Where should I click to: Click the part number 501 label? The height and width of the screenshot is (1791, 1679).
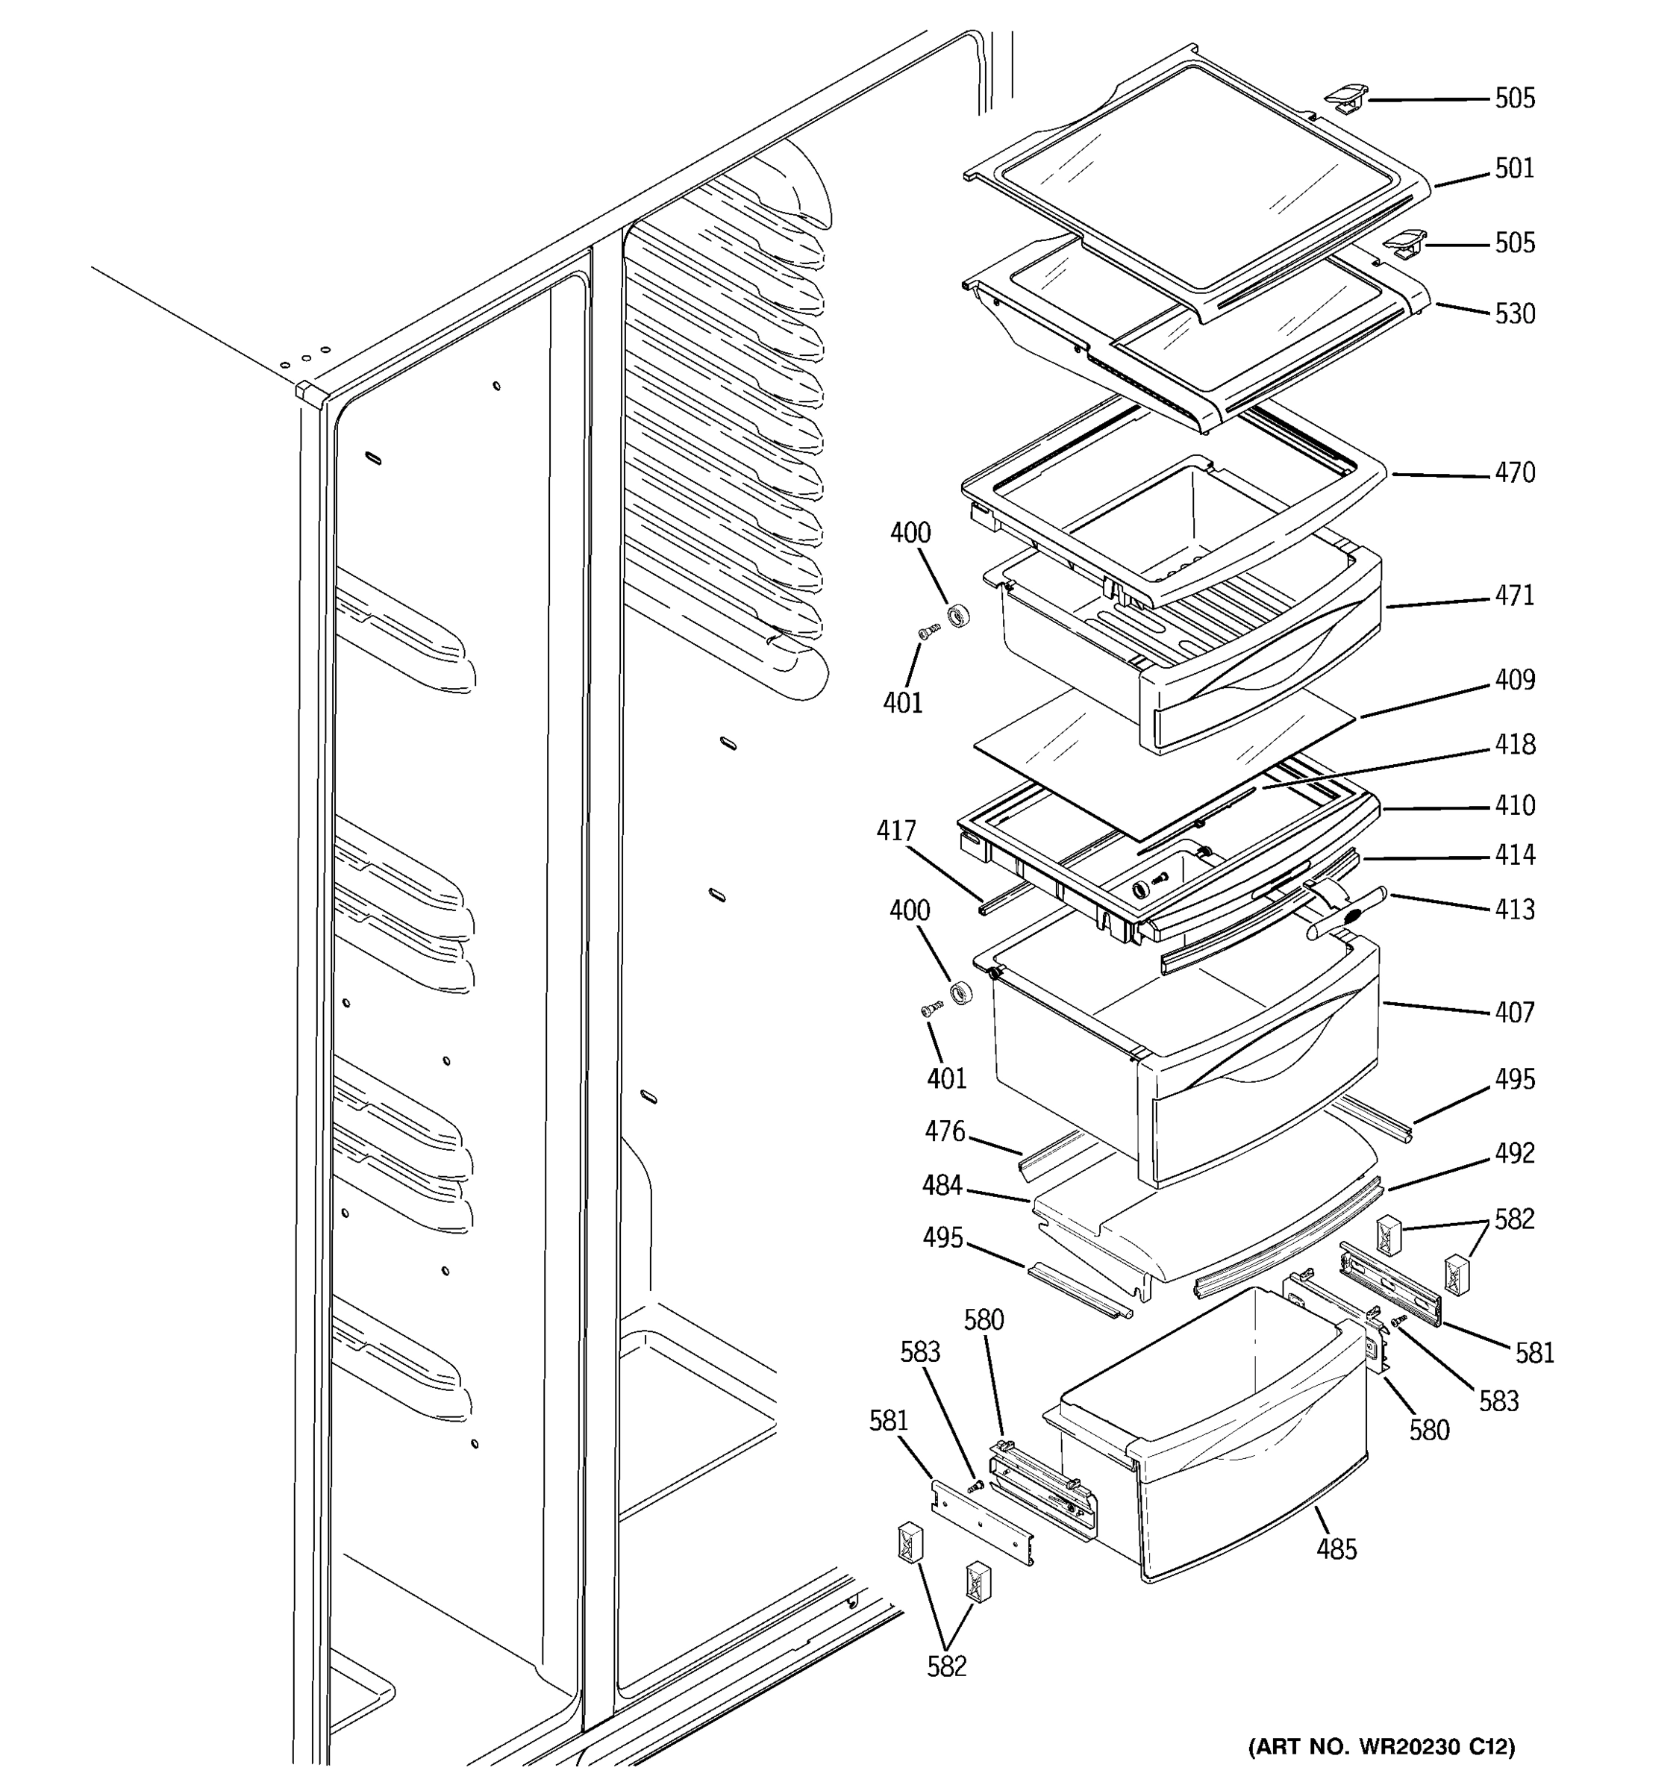click(x=1514, y=169)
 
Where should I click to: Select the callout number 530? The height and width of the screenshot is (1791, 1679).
click(x=1514, y=313)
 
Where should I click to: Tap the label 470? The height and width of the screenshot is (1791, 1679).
click(x=1514, y=472)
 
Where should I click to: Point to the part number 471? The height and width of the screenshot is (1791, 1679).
click(x=1514, y=596)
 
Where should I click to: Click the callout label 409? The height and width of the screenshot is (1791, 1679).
click(x=1514, y=679)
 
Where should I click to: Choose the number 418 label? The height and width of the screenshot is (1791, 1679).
click(x=1514, y=744)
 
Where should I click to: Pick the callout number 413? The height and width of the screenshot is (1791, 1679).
click(x=1514, y=909)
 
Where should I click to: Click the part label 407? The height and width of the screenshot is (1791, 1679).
click(x=1514, y=1013)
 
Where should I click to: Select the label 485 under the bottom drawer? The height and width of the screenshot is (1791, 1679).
click(x=1336, y=1548)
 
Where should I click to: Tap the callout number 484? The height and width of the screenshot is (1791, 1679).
click(x=941, y=1186)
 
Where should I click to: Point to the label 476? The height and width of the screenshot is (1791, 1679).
click(x=944, y=1131)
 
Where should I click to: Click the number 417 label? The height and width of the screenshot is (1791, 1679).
click(x=895, y=831)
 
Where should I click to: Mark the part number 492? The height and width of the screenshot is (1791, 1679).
click(x=1514, y=1152)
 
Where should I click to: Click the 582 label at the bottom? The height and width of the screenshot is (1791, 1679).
click(x=945, y=1666)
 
